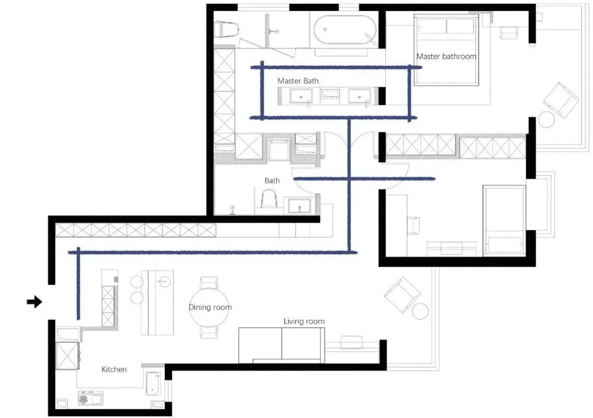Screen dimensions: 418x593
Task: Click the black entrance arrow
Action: (35, 302)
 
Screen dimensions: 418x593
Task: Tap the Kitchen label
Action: (114, 369)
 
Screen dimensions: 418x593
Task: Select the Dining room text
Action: (210, 307)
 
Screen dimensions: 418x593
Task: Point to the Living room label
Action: (304, 321)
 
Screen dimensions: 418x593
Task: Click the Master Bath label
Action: (298, 81)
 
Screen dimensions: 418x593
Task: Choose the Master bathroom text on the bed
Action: (446, 56)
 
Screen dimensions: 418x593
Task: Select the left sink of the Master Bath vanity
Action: (301, 97)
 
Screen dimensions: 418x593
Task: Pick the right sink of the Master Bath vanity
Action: (360, 97)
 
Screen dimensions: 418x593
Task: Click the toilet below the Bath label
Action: (268, 199)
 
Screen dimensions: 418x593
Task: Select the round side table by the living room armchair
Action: (420, 311)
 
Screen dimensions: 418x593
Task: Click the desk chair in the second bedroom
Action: (412, 225)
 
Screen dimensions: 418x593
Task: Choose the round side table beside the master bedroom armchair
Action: (547, 119)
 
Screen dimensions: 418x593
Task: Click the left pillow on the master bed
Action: (430, 26)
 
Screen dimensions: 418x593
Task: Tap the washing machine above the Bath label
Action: (278, 149)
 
